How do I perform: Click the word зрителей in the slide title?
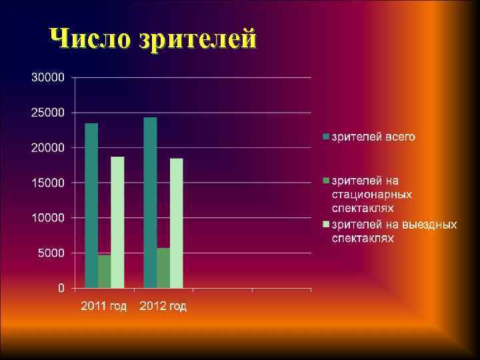pyautogui.click(x=197, y=39)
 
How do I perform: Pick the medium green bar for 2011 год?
pyautogui.click(x=105, y=271)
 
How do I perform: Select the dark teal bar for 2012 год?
pyautogui.click(x=150, y=203)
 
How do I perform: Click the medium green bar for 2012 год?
pyautogui.click(x=163, y=268)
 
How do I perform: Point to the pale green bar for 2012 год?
pyautogui.click(x=176, y=223)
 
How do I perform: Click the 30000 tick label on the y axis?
pyautogui.click(x=48, y=77)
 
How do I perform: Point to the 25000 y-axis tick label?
pyautogui.click(x=48, y=113)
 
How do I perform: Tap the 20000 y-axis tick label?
pyautogui.click(x=48, y=147)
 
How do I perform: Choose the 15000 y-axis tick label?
pyautogui.click(x=48, y=183)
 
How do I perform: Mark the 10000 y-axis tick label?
pyautogui.click(x=48, y=218)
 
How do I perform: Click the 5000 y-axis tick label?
pyautogui.click(x=51, y=253)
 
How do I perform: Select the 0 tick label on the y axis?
pyautogui.click(x=61, y=288)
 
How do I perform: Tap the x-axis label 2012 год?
pyautogui.click(x=163, y=306)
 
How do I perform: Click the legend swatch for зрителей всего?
pyautogui.click(x=326, y=137)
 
